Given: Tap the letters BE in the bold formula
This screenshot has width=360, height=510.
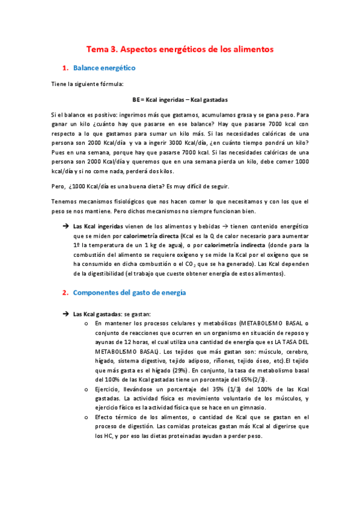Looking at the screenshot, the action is click(x=136, y=99).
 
